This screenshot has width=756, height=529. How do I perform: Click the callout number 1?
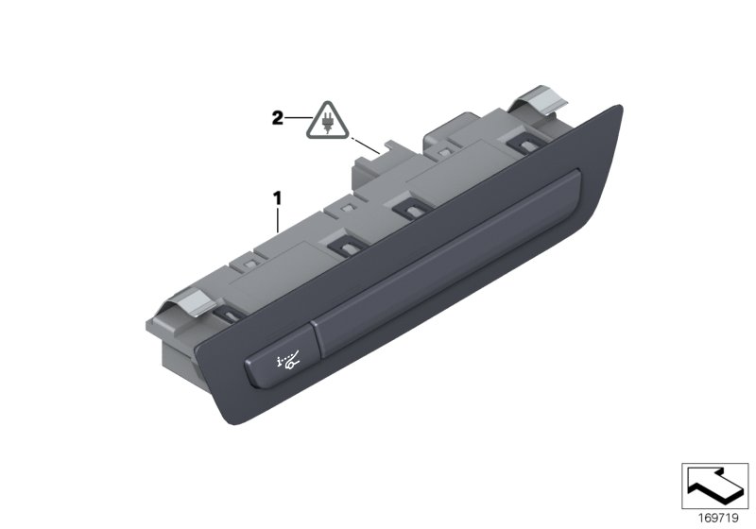pos(277,198)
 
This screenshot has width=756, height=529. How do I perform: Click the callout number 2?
pos(277,118)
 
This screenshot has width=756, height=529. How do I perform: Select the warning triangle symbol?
pos(326,122)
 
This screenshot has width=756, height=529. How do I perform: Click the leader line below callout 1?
pos(277,220)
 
